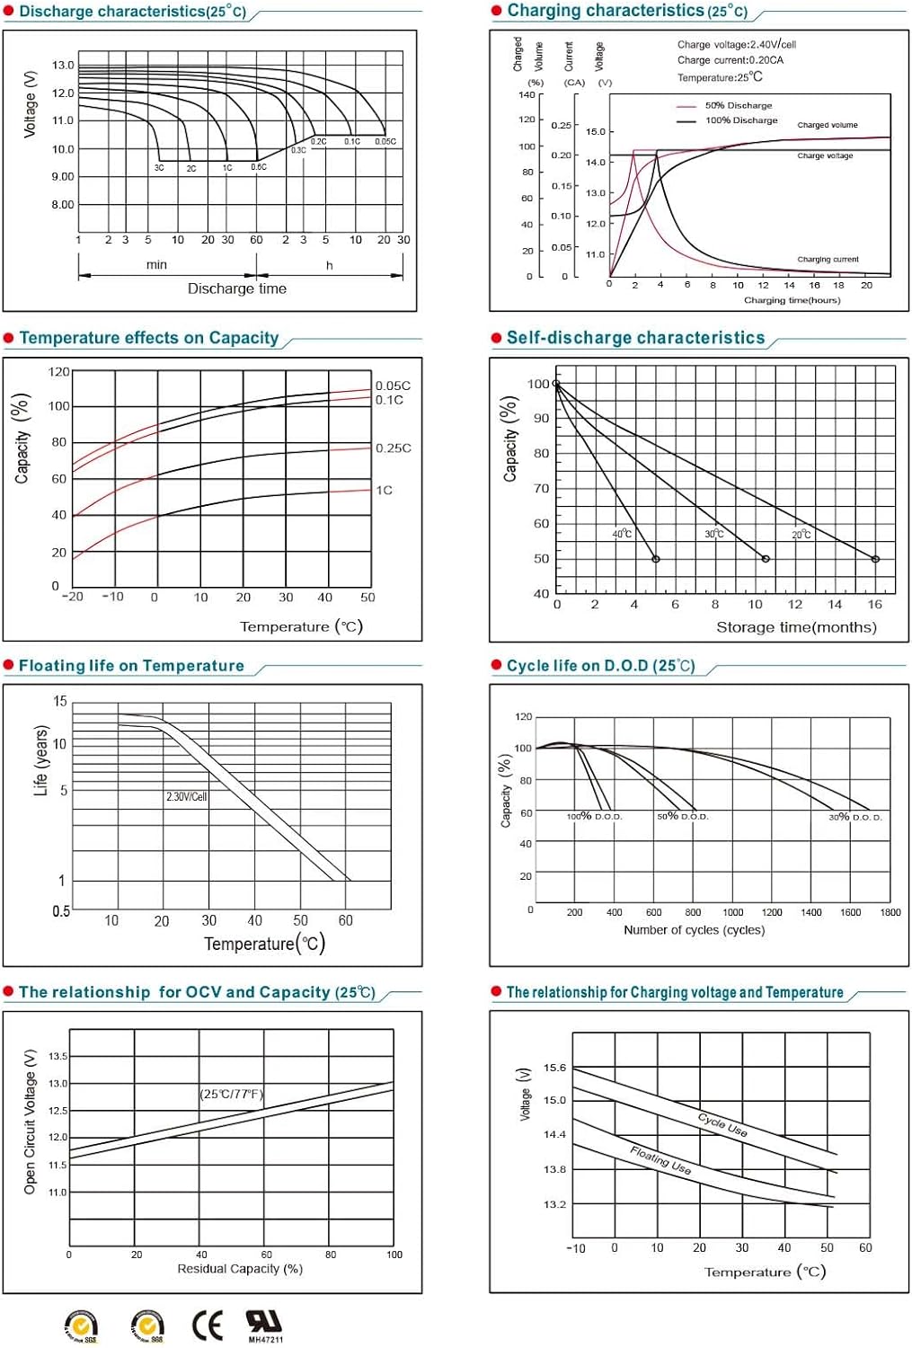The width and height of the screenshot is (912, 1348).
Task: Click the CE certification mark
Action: [x=208, y=1325]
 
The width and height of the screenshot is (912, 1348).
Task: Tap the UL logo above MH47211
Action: [x=263, y=1320]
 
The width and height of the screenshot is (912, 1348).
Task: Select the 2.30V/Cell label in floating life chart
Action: [x=186, y=796]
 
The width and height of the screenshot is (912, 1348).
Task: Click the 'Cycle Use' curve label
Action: [x=722, y=1124]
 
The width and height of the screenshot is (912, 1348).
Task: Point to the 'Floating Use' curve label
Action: [x=660, y=1159]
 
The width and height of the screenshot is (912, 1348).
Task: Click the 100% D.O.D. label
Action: [x=594, y=817]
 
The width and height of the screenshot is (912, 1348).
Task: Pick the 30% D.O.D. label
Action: [x=854, y=817]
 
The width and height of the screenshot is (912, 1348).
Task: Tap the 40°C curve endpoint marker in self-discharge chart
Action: [x=656, y=559]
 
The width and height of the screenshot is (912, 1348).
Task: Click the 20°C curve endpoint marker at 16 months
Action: [x=875, y=559]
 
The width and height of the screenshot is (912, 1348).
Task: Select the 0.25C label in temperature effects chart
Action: [x=393, y=448]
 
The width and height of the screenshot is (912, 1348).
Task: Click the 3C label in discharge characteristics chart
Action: [x=159, y=168]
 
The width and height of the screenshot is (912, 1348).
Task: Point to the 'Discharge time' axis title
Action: [x=236, y=288]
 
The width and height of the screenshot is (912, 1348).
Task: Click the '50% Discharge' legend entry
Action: [x=738, y=105]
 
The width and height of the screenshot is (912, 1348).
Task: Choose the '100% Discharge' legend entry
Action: [x=740, y=120]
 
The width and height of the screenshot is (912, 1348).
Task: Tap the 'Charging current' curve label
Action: [x=828, y=260]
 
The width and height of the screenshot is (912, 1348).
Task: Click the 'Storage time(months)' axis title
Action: [x=796, y=627]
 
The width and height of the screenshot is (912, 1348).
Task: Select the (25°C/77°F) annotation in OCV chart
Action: [x=231, y=1094]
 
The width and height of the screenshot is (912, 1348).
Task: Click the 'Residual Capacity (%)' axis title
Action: [x=240, y=1269]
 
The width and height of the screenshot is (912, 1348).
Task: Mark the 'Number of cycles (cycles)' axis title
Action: [x=694, y=930]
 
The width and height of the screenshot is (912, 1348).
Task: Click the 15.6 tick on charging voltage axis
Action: [x=554, y=1068]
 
